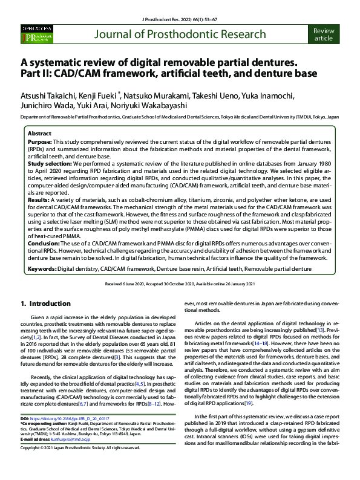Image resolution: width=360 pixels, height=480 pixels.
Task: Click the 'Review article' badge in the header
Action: (x=324, y=34)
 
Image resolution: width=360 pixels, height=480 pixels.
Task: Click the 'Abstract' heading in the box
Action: (x=40, y=134)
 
